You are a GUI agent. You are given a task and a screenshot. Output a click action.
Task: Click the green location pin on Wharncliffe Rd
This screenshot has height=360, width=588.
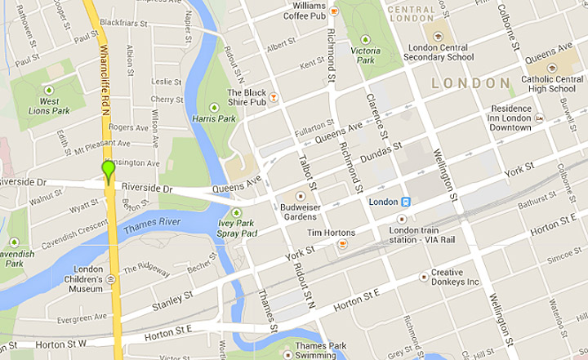pyautogui.click(x=108, y=171)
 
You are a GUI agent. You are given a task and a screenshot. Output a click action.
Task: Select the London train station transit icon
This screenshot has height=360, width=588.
pyautogui.click(x=406, y=202)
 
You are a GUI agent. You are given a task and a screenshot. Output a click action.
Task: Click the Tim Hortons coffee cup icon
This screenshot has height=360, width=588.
pyautogui.click(x=343, y=244)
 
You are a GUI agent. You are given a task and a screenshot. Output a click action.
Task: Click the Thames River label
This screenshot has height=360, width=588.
pyautogui.click(x=151, y=226)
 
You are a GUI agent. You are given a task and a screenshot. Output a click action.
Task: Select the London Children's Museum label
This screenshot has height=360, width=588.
pyautogui.click(x=88, y=278)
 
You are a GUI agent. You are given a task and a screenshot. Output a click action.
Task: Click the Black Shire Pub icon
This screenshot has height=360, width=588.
pyautogui.click(x=274, y=98)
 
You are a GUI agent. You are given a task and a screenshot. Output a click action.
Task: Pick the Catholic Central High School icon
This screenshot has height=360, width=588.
pyautogui.click(x=552, y=68)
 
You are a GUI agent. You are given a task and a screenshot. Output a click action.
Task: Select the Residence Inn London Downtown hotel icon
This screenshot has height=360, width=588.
pyautogui.click(x=539, y=118)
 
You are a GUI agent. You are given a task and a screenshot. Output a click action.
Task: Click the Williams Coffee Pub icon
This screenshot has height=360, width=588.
pyautogui.click(x=335, y=11)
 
